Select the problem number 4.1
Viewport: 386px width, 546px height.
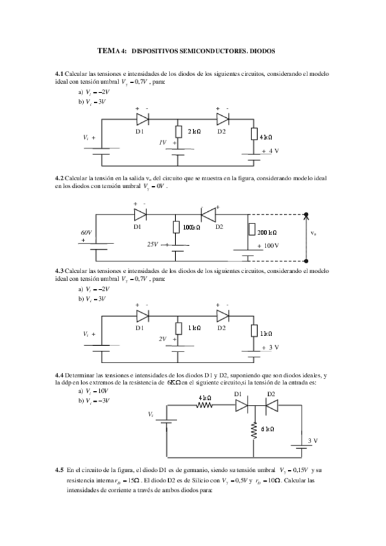point(60,75)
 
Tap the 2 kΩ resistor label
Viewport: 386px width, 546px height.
point(194,131)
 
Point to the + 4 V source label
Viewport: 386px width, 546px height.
point(270,151)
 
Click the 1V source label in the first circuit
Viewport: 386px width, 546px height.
point(163,142)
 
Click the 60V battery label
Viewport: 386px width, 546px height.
point(86,232)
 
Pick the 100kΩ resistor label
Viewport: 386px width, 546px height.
point(192,227)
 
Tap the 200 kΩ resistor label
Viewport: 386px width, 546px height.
point(267,232)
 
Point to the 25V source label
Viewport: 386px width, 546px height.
point(153,245)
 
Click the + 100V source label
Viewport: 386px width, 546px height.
point(268,246)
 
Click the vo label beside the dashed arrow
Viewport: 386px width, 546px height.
point(313,233)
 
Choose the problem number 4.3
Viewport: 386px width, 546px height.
point(60,270)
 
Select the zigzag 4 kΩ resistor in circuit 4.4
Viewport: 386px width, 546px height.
point(205,406)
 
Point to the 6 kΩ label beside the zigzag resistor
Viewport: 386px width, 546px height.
point(267,429)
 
